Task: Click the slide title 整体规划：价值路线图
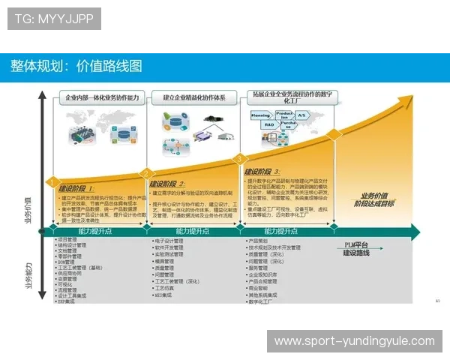coord(76,66)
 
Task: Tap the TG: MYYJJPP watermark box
coord(53,18)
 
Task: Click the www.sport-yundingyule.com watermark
coord(354,341)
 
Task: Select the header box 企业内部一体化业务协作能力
coord(102,97)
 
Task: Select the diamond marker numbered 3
coord(240,159)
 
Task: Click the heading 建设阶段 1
coord(76,188)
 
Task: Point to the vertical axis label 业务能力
coord(28,274)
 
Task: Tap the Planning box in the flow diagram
coord(260,117)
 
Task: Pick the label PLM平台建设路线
coord(357,249)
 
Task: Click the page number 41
coord(436,301)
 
